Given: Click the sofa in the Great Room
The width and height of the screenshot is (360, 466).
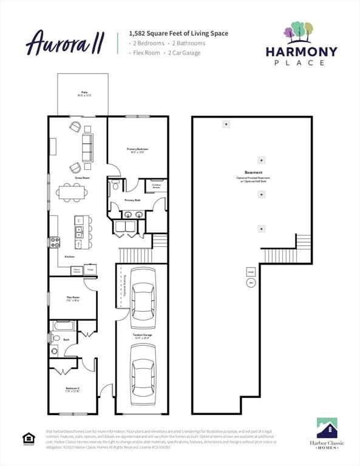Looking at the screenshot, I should [x=87, y=147].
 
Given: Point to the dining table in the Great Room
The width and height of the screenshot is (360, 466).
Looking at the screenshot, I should [x=72, y=192].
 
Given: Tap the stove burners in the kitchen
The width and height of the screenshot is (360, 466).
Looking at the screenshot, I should [x=55, y=242].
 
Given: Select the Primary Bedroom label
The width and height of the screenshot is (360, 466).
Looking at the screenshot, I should [x=137, y=150].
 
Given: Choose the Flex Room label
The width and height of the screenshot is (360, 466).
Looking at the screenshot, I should [x=73, y=298].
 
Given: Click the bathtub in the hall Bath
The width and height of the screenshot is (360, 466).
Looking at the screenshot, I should [x=63, y=326].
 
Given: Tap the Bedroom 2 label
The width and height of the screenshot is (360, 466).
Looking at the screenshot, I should [x=72, y=390].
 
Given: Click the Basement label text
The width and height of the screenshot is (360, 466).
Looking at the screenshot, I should [x=253, y=172].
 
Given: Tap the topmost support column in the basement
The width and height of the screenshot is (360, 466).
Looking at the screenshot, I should [x=226, y=124].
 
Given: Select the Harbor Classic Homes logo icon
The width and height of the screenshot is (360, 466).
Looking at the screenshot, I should [x=327, y=428].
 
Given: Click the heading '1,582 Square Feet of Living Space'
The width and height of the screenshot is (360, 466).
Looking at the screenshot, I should [x=178, y=33].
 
